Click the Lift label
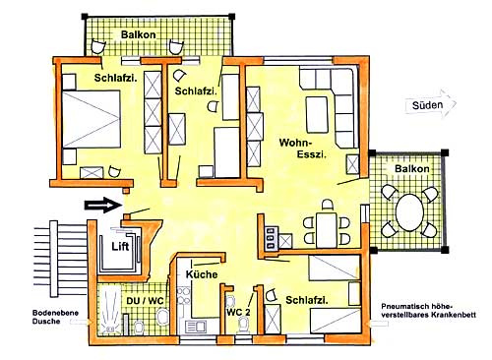tap(120, 246)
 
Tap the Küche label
tap(202, 274)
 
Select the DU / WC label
tap(145, 301)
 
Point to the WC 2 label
tap(238, 312)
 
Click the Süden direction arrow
tap(431, 104)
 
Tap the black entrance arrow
tap(103, 206)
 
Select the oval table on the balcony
tap(409, 212)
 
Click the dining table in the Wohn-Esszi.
tap(327, 230)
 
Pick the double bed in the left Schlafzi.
tap(92, 119)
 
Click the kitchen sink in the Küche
tap(196, 327)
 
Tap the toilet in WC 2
tap(244, 325)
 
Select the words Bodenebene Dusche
tap(55, 317)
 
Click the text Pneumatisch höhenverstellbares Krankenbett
tap(428, 311)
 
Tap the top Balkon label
tap(138, 34)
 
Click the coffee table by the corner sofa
tap(317, 114)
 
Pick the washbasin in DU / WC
tap(162, 317)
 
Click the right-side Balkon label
tap(412, 169)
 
